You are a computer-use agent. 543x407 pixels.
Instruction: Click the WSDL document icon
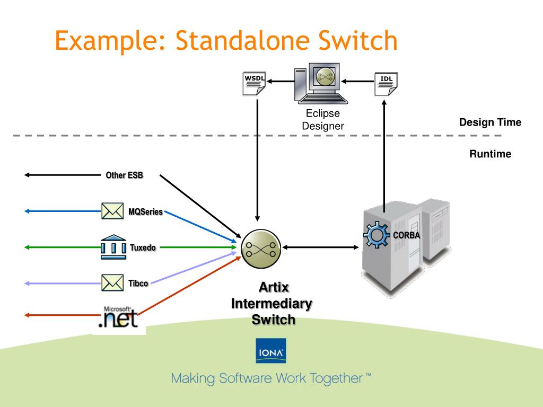coord(254,83)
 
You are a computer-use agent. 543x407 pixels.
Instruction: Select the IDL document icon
coord(386,84)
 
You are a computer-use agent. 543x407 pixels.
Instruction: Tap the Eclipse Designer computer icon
coord(321,83)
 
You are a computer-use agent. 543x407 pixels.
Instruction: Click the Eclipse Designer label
coord(323,119)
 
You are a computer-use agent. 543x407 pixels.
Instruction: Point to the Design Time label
coord(490,122)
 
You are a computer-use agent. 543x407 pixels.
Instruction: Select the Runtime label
coord(490,154)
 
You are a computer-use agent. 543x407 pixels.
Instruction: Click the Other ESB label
coord(124,175)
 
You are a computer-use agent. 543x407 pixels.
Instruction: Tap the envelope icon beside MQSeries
coord(112,211)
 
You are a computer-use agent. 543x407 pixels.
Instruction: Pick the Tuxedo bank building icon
coord(113,247)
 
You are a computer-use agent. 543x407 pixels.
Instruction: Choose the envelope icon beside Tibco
coord(112,283)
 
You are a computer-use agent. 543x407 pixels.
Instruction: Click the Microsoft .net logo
coord(118,317)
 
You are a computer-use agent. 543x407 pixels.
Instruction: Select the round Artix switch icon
coord(261,249)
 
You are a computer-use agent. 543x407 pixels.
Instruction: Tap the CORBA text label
coord(406,235)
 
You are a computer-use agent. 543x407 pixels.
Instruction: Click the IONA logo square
coord(271,351)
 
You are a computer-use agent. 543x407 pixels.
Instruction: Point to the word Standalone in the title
coord(242,40)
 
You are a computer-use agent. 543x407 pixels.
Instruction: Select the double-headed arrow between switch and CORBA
coord(320,247)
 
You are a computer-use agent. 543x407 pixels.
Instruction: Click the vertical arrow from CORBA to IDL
coord(384,156)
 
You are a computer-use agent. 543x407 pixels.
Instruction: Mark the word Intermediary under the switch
coord(271,304)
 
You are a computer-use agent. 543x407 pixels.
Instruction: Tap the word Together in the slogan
coord(336,379)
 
